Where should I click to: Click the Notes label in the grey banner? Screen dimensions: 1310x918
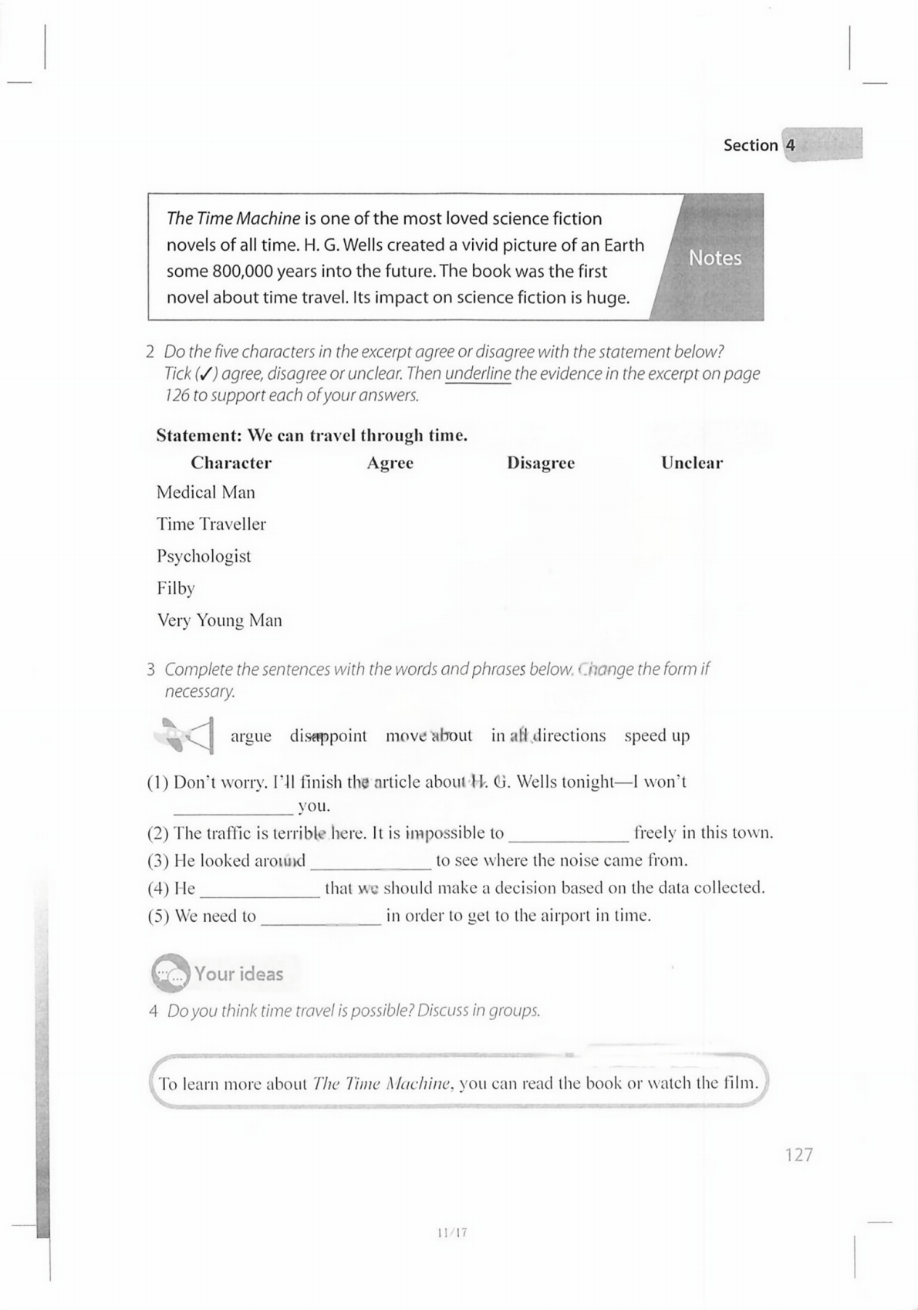[714, 258]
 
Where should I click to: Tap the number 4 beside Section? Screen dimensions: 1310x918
[790, 145]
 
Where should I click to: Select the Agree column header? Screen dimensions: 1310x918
[390, 463]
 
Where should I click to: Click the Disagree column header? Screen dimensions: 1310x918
[540, 463]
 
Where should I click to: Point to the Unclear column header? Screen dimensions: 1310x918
[691, 463]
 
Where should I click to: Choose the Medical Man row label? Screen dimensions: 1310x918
[205, 492]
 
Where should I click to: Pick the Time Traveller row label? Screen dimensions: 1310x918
[211, 525]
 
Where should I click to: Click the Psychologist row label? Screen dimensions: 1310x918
[204, 556]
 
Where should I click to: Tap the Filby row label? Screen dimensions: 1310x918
[176, 589]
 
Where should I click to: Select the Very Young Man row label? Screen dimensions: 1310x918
[219, 620]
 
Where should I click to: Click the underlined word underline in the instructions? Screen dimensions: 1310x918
[478, 374]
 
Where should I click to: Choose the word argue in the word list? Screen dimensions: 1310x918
[251, 736]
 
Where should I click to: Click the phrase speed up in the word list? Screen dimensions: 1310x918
[656, 736]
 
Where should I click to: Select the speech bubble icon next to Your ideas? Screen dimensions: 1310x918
[170, 974]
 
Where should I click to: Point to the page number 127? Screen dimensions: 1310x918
[798, 1155]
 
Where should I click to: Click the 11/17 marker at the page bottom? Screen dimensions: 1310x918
[452, 1233]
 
